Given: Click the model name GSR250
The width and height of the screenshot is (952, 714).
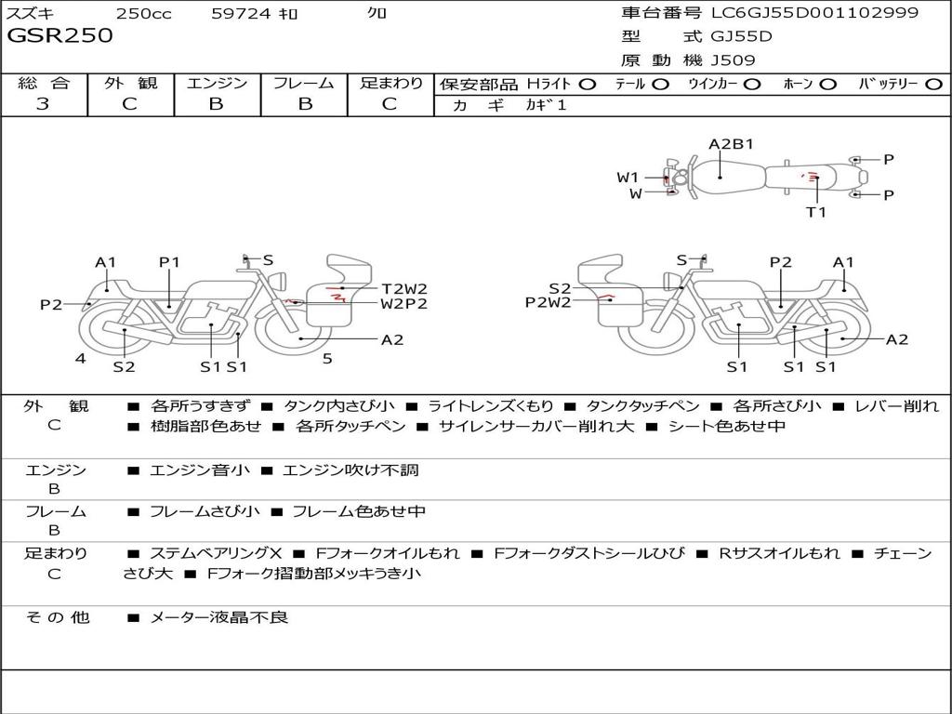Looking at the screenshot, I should click(x=59, y=36).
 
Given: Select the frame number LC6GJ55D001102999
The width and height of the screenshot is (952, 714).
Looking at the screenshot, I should click(x=814, y=12).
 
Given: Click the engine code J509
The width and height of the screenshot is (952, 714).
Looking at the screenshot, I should click(x=734, y=60).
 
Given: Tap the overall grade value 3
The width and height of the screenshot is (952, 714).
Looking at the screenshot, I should click(x=43, y=104).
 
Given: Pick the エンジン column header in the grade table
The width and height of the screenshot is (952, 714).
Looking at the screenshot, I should click(x=217, y=83).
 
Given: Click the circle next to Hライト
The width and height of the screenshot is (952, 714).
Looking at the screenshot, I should click(x=587, y=84).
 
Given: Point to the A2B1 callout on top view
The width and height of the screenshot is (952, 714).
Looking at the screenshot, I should click(x=731, y=144).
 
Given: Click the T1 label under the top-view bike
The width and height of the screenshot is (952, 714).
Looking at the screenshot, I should click(x=815, y=212).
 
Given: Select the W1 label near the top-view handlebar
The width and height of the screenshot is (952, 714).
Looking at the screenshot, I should click(x=628, y=177).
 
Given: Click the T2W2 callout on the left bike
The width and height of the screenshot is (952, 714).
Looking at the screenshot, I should click(x=404, y=288).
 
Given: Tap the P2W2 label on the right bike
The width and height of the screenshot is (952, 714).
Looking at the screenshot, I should click(x=548, y=301).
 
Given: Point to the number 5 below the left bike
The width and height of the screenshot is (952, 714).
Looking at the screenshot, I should click(x=327, y=358).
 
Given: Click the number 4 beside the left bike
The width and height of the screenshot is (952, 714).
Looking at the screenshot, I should click(x=81, y=358).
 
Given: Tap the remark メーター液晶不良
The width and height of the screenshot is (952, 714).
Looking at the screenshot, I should click(x=218, y=616).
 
